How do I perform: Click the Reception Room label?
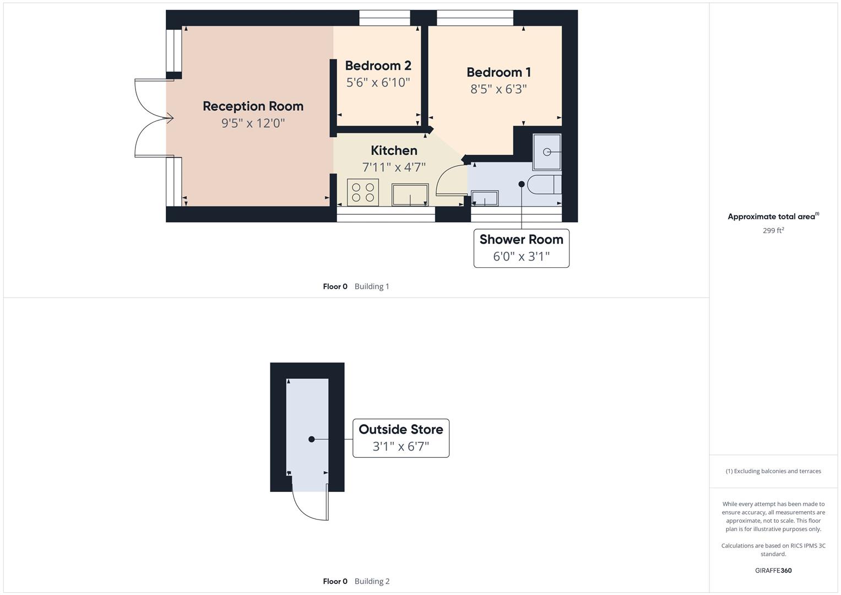click(253, 106)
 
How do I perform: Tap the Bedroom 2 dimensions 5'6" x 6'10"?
click(378, 83)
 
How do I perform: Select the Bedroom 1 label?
click(498, 72)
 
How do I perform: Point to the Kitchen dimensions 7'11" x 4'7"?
click(394, 167)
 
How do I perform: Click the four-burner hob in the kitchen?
click(362, 193)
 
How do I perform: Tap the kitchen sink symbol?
click(410, 195)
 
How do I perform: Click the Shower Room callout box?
click(521, 248)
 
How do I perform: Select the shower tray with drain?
click(547, 152)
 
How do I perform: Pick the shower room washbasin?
click(485, 198)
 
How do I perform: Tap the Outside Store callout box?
click(400, 438)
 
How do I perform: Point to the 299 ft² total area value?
click(773, 231)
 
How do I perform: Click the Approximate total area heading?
click(773, 217)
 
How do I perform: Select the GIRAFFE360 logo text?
click(773, 571)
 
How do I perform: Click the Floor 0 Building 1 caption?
click(356, 286)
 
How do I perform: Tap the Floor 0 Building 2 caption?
click(356, 581)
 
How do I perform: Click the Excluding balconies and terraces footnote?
click(773, 471)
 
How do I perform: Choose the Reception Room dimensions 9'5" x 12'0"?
click(253, 123)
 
